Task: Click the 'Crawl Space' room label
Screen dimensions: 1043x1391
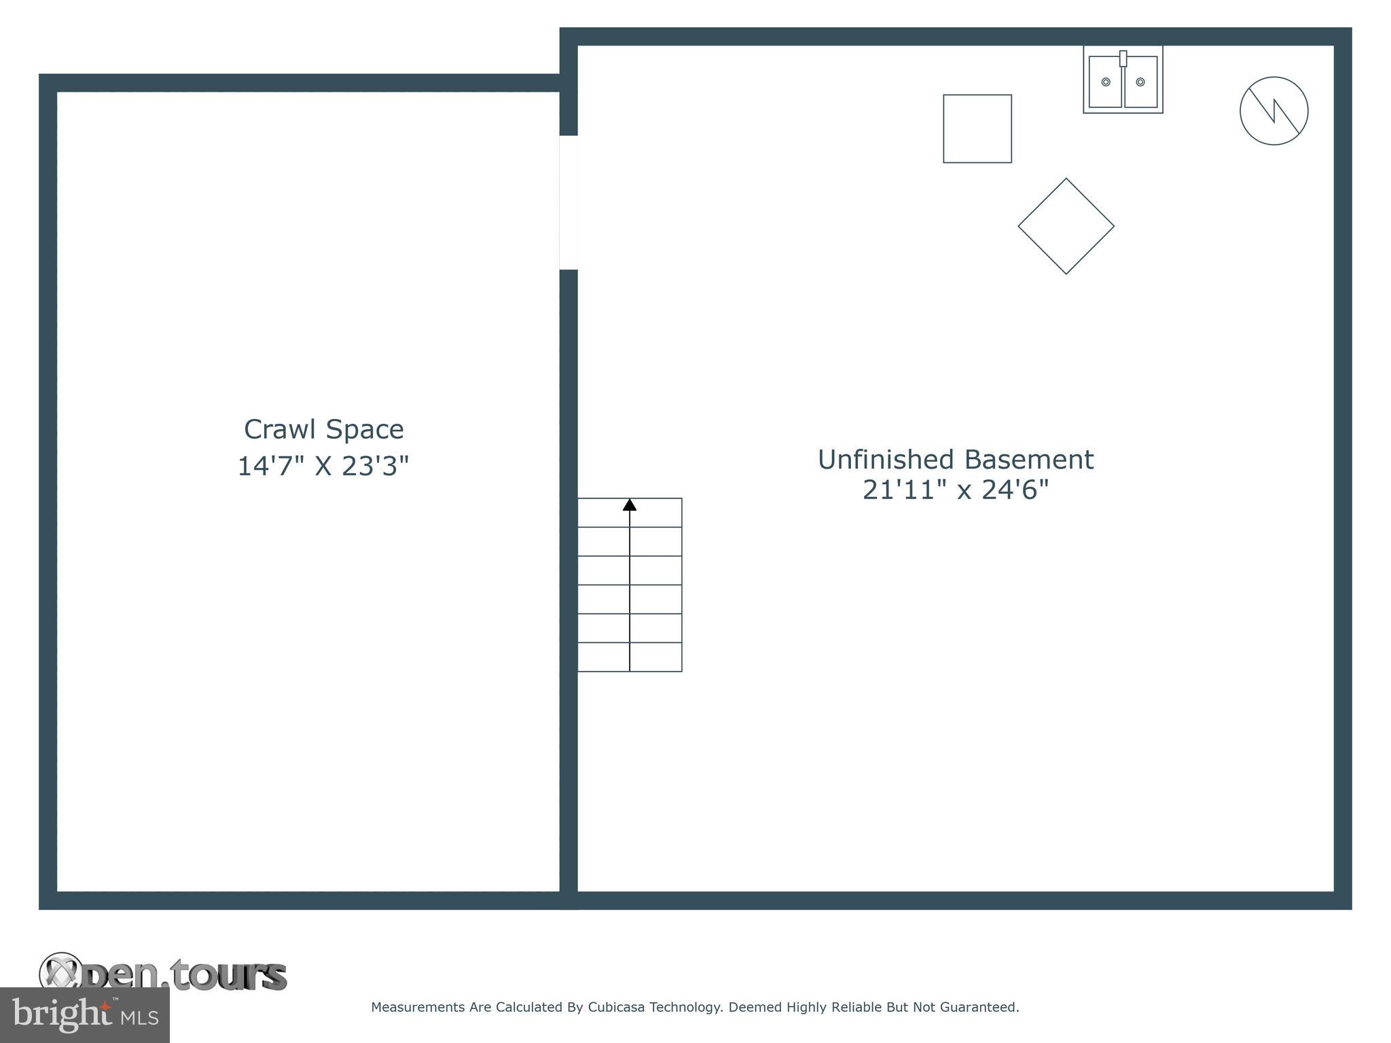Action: [323, 429]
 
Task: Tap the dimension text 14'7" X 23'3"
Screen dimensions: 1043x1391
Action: [323, 466]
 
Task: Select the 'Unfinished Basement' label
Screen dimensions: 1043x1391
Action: [955, 460]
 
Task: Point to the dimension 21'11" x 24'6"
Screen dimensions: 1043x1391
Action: [955, 490]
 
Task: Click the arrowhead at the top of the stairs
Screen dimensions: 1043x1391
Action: [630, 505]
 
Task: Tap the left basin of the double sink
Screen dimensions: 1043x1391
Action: [1105, 82]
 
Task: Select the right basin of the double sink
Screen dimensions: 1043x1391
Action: [1140, 82]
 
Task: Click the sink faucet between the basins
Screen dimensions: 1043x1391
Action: [1123, 58]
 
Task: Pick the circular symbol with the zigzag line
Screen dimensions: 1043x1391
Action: [1273, 111]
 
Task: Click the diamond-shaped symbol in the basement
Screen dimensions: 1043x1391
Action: [1066, 226]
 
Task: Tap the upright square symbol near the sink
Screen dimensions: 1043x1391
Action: [977, 128]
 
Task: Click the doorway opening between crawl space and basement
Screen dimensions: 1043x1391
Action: [568, 202]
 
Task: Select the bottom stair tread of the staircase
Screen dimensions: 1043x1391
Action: [630, 657]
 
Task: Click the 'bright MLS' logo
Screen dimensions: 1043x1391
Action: [85, 1014]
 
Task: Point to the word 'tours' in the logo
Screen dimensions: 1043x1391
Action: [228, 976]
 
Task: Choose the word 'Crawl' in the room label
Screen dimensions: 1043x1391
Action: [279, 429]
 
